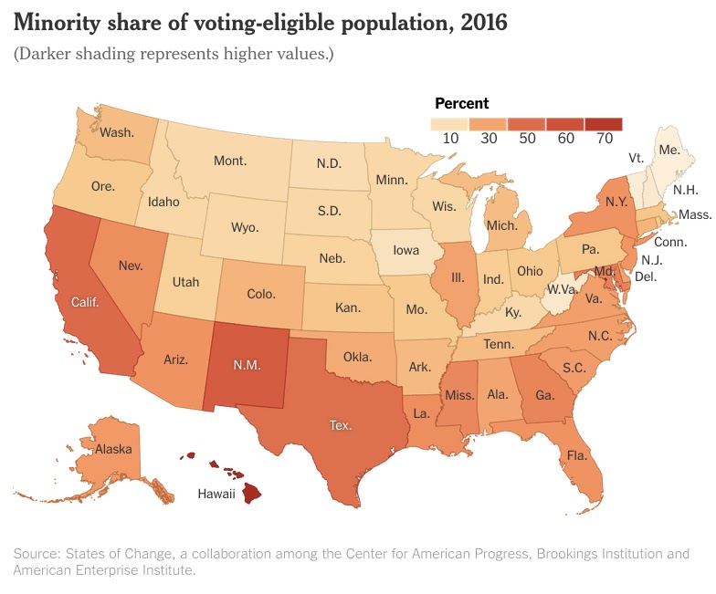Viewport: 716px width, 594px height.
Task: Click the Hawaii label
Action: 216,494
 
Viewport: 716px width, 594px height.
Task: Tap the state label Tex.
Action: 341,425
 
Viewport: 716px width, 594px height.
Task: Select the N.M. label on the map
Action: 247,365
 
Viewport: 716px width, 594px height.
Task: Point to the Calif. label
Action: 85,302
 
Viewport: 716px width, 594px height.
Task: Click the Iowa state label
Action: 405,250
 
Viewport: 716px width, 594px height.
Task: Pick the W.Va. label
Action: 563,289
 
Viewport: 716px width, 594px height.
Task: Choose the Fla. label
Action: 577,455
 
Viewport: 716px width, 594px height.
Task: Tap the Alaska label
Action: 113,449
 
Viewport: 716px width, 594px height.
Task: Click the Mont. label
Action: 230,161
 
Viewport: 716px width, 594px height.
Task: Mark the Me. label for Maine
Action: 669,150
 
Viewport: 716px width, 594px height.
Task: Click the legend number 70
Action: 605,139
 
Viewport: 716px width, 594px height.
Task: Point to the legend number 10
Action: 451,139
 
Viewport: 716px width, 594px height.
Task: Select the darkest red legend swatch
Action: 604,124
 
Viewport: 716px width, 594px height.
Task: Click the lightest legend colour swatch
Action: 449,124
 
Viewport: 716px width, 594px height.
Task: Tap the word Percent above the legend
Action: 462,104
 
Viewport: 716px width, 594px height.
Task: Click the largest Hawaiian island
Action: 252,493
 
